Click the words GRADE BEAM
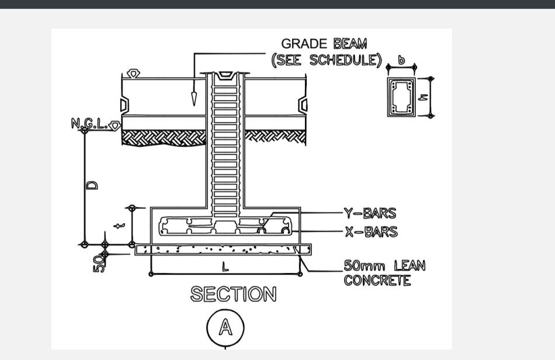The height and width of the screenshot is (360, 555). click(324, 44)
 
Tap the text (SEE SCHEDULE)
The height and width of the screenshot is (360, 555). click(326, 60)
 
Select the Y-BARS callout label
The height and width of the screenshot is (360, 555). click(370, 214)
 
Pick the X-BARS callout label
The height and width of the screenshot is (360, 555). click(370, 232)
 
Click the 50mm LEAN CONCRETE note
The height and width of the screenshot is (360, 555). click(384, 273)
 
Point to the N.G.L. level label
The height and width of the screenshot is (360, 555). click(89, 123)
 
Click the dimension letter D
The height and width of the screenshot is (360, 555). click(92, 185)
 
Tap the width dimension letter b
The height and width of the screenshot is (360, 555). click(401, 60)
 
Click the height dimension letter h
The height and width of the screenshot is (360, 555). click(424, 97)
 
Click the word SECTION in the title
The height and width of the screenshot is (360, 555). click(233, 295)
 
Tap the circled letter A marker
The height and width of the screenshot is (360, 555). click(225, 328)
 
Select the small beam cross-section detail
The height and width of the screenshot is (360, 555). click(401, 97)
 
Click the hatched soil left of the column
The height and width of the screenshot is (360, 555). click(164, 137)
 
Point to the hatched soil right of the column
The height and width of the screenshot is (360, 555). click(275, 137)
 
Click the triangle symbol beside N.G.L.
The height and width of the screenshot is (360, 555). click(115, 125)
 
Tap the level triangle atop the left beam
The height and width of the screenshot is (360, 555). click(133, 74)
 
